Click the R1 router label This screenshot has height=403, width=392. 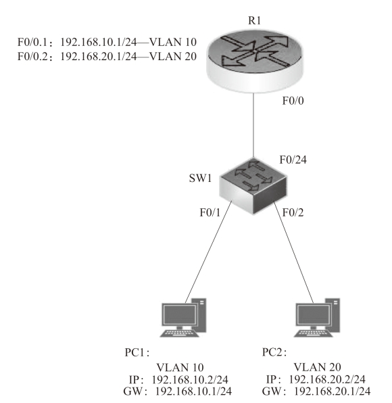254,20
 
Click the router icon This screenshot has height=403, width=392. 255,61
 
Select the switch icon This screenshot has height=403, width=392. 253,186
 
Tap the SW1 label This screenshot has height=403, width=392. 200,178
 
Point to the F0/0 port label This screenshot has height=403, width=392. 293,101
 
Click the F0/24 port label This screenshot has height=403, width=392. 293,160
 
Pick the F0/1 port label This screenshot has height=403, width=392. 210,212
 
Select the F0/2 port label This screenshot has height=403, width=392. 293,212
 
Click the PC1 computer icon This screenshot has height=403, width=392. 183,318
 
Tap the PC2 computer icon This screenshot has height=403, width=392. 317,318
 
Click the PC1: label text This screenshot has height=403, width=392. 137,352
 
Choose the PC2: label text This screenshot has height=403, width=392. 274,352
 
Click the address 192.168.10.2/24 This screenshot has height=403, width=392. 190,379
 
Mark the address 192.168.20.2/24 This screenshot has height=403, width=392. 327,379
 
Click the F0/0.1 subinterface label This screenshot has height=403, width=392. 32,42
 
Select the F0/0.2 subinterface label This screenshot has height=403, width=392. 32,57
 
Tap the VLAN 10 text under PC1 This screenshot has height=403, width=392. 180,368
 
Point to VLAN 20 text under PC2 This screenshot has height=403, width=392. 317,368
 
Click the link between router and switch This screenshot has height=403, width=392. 254,125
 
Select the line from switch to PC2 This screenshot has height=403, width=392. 293,252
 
